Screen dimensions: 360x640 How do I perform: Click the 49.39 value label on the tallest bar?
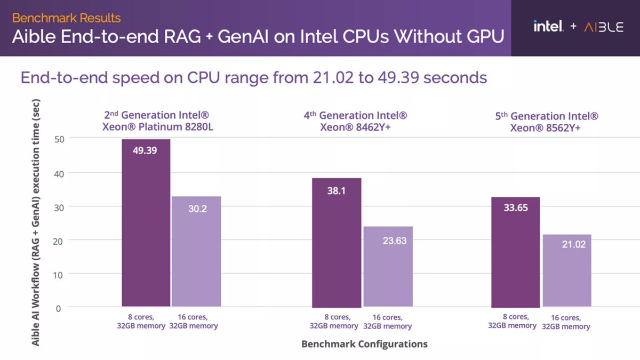coord(146,150)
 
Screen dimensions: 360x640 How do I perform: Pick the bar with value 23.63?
coord(388,267)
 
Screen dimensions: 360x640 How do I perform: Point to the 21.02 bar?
coord(566,271)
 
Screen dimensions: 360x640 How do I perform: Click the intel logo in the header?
coord(548,26)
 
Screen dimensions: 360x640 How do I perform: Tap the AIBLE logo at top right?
coord(603,27)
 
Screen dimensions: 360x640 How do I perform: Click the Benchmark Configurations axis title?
coord(364,344)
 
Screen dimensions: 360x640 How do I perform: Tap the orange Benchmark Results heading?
coord(66,18)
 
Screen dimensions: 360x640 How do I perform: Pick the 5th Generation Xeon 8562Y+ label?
coord(547,122)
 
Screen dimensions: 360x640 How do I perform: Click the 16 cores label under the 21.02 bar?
coord(566,322)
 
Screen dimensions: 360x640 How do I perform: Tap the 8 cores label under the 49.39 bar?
coord(141,322)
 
